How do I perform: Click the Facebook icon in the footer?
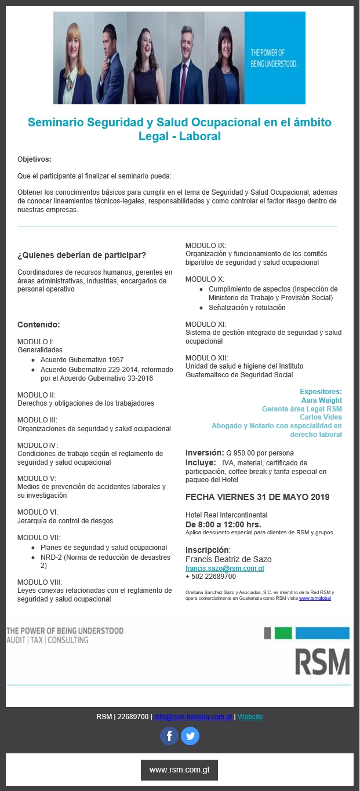tap(169, 736)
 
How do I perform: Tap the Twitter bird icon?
tap(190, 736)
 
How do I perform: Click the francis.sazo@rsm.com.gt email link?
tap(224, 568)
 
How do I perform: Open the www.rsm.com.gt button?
tap(179, 770)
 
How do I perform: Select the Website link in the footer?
tap(250, 717)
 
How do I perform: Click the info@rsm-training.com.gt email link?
tap(193, 717)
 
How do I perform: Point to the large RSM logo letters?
tap(322, 661)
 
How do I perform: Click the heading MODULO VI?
tap(38, 512)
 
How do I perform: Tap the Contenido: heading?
tap(39, 325)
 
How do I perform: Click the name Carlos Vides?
tap(321, 417)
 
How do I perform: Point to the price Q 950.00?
tap(243, 453)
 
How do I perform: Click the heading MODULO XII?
tap(206, 358)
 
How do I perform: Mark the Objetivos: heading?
tap(34, 159)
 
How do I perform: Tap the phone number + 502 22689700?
tap(210, 577)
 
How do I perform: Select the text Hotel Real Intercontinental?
tap(226, 515)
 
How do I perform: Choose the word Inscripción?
tap(207, 549)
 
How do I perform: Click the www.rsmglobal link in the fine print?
tap(315, 598)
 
